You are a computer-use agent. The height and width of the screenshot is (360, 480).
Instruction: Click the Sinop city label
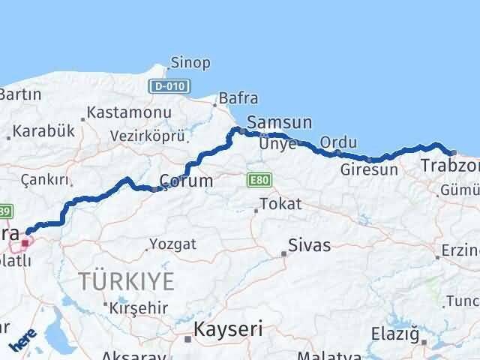point(190,63)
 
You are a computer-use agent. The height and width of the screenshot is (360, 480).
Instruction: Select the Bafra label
point(238,98)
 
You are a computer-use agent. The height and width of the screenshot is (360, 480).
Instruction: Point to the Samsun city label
point(273,122)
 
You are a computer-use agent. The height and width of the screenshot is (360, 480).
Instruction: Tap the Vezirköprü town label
point(147,136)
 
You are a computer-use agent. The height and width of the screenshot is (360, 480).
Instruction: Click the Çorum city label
point(187,181)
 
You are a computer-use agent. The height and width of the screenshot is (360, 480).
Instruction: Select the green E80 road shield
point(256,180)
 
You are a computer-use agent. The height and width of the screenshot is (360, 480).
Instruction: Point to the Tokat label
point(280,204)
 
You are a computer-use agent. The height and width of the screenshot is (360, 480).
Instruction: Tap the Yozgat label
point(172,244)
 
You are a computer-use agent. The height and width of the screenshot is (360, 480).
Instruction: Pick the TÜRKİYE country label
point(126,282)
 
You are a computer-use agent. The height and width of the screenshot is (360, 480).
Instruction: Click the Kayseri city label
point(229,328)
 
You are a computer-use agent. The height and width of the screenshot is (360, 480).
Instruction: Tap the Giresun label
point(369,169)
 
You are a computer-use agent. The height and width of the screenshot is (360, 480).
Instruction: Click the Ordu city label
point(334,142)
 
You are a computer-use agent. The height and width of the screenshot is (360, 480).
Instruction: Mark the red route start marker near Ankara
point(25,242)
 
